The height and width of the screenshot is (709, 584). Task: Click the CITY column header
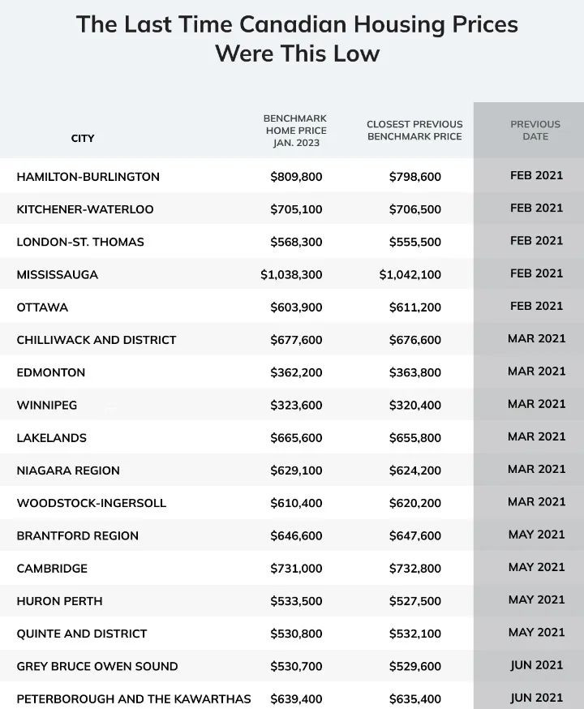(x=83, y=138)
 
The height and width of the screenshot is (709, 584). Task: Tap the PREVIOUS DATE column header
(x=535, y=131)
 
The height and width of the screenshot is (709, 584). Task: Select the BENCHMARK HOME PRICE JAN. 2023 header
(x=295, y=131)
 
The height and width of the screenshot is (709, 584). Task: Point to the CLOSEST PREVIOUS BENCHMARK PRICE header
(x=414, y=131)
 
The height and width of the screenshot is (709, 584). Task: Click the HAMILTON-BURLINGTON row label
(x=88, y=177)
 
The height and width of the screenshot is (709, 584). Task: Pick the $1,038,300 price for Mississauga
(x=291, y=275)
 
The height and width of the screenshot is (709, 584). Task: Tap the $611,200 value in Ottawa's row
(x=415, y=307)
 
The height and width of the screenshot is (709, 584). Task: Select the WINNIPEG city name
(x=47, y=405)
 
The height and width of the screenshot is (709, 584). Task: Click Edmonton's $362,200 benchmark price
(x=296, y=372)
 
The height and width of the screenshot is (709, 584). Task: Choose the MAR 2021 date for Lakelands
(x=536, y=436)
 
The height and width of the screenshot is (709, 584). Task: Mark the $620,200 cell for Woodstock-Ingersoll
(x=415, y=503)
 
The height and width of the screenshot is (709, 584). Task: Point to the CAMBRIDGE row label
(x=52, y=569)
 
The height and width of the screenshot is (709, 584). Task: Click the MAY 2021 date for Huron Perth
(x=536, y=599)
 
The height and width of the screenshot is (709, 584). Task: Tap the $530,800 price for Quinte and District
(x=296, y=634)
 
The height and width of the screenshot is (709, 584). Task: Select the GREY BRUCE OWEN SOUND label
(x=97, y=666)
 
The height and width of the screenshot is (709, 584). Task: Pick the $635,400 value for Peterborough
(x=415, y=698)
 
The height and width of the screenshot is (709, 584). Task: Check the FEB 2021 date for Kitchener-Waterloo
(x=536, y=208)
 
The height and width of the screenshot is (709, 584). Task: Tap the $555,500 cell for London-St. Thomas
(x=415, y=242)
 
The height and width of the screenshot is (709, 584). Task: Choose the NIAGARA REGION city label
(x=68, y=471)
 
